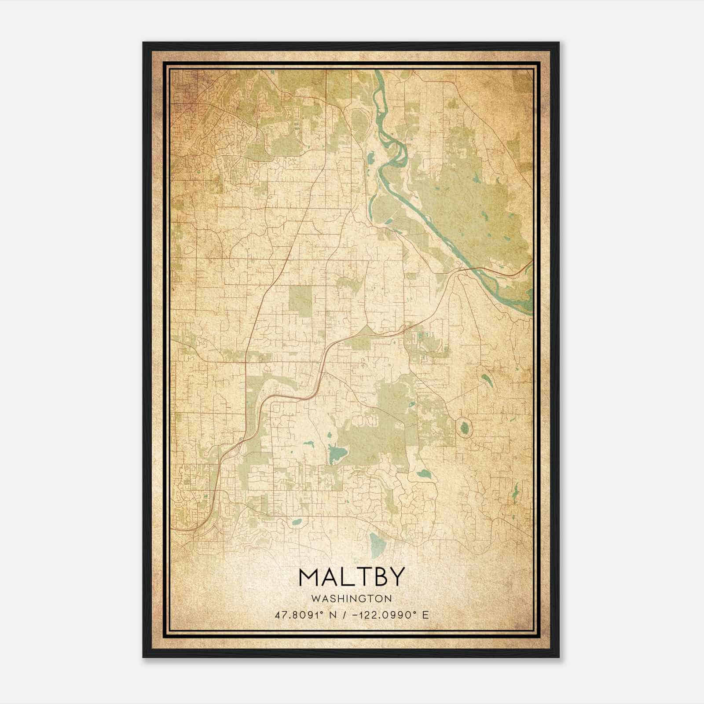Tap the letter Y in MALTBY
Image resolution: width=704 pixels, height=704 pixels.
[395, 577]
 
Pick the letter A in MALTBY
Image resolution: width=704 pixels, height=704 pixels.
[331, 577]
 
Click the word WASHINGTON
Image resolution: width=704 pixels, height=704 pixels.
[351, 598]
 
